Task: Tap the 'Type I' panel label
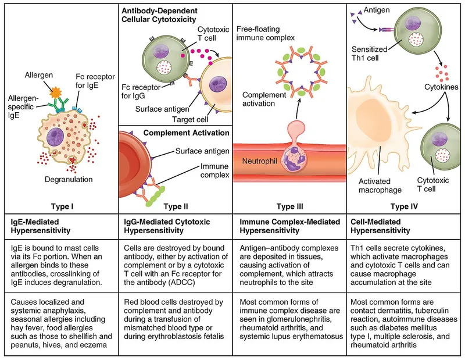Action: pos(60,206)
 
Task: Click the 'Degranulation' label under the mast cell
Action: pos(69,180)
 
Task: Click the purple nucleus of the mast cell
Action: pos(56,138)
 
